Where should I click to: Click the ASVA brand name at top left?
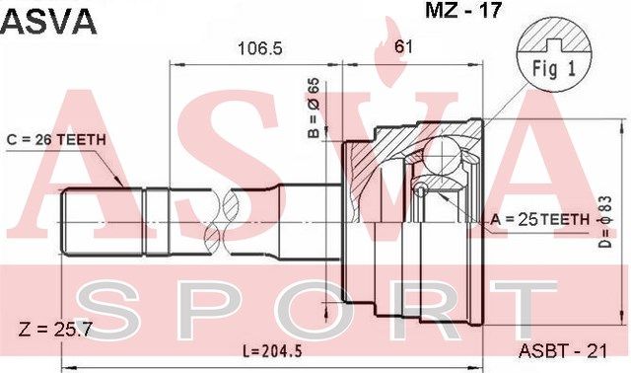click(48, 22)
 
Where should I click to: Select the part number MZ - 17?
click(463, 10)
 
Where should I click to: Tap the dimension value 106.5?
click(260, 48)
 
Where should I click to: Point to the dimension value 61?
click(403, 46)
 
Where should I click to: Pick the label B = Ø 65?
click(314, 108)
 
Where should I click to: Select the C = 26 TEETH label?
click(56, 140)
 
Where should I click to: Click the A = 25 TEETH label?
click(539, 219)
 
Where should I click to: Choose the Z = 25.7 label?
click(55, 330)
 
